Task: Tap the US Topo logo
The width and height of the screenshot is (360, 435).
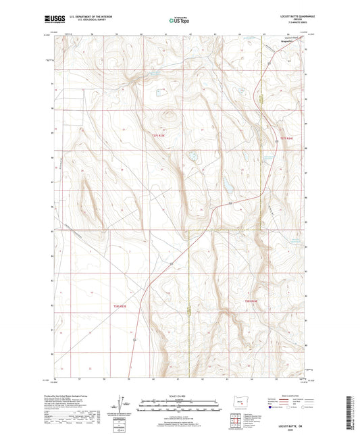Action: point(178,22)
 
